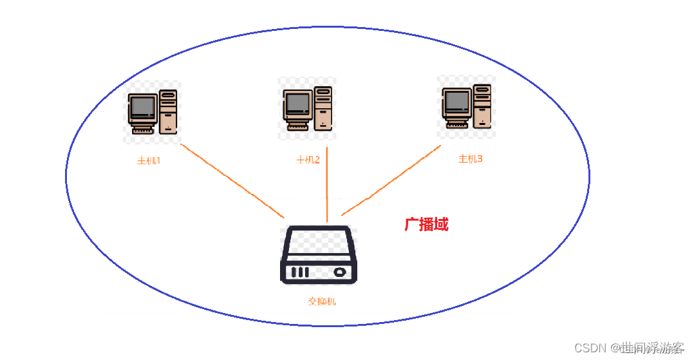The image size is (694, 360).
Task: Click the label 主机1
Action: [x=148, y=160]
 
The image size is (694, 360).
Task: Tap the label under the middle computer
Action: [x=308, y=160]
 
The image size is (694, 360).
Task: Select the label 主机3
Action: [x=470, y=158]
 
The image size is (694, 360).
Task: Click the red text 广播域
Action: [x=426, y=224]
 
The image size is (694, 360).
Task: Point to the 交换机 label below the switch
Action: [x=321, y=301]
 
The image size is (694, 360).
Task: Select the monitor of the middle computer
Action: [x=297, y=103]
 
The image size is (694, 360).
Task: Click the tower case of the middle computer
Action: [x=323, y=108]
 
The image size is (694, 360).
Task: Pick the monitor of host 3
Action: [x=456, y=101]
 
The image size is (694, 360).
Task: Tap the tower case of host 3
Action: [x=482, y=106]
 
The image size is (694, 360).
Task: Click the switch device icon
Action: [x=318, y=254]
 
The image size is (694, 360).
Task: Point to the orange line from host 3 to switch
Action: [x=391, y=180]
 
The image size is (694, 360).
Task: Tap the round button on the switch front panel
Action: [x=339, y=272]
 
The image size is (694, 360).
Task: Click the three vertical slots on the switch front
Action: [x=299, y=272]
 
